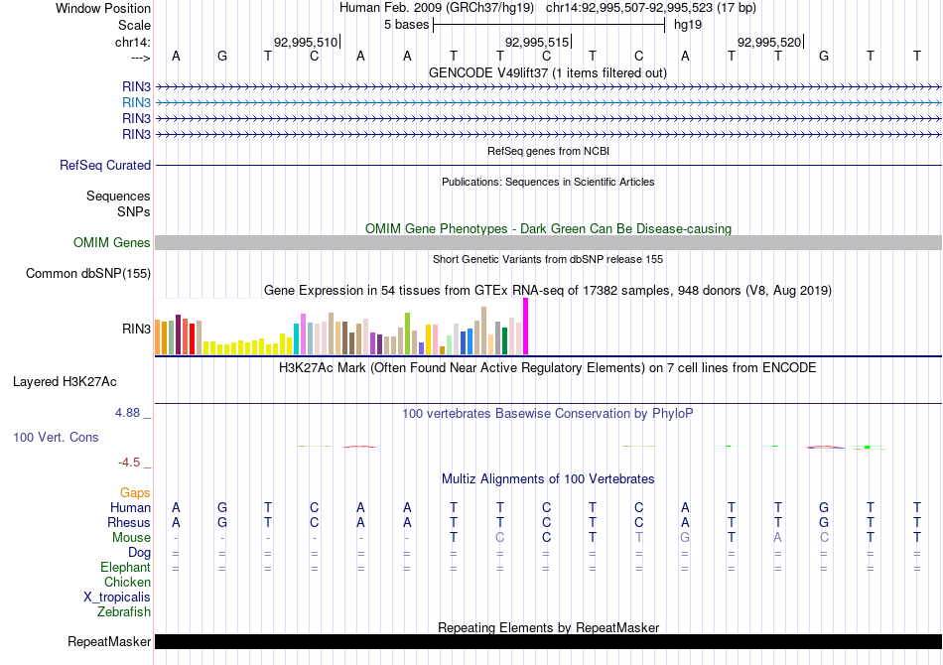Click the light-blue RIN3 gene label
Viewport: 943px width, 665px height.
137,102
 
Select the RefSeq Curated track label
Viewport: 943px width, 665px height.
105,166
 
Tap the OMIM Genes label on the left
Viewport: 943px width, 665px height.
112,243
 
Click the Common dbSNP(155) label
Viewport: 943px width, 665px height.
88,274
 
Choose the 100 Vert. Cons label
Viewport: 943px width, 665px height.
56,437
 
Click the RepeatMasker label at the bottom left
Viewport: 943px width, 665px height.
109,642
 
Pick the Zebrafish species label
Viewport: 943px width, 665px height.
124,612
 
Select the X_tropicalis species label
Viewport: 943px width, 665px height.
117,598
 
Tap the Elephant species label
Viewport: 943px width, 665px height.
125,568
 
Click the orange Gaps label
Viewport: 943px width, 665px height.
135,492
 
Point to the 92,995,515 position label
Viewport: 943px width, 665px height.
537,43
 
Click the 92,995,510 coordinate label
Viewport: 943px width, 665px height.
306,43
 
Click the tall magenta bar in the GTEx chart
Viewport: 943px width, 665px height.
525,326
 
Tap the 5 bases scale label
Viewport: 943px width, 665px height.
406,23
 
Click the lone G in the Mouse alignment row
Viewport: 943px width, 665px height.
685,538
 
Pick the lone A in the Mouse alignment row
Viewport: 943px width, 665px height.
778,538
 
